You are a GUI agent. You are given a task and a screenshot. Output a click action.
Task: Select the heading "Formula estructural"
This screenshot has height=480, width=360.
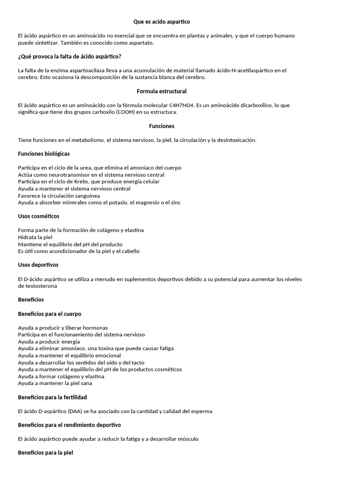161,91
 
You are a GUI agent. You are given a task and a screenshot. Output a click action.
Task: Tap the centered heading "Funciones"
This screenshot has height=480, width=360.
161,126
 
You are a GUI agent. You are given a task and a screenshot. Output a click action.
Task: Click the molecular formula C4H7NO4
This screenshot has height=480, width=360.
182,105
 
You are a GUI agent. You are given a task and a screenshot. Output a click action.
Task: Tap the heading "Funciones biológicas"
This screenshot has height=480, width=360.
44,154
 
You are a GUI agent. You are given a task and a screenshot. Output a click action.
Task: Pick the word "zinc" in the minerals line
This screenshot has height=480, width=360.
175,202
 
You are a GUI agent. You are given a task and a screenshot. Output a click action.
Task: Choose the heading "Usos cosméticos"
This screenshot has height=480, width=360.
38,216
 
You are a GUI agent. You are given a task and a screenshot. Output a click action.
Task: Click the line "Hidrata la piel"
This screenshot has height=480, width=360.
35,237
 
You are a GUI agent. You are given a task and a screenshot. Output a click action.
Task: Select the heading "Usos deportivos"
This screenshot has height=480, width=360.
38,265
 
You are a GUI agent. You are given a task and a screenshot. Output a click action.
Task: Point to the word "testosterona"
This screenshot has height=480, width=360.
35,286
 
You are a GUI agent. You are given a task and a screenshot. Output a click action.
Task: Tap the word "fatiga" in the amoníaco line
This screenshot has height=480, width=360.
165,348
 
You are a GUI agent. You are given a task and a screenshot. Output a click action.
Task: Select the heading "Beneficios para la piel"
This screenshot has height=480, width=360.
45,453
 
